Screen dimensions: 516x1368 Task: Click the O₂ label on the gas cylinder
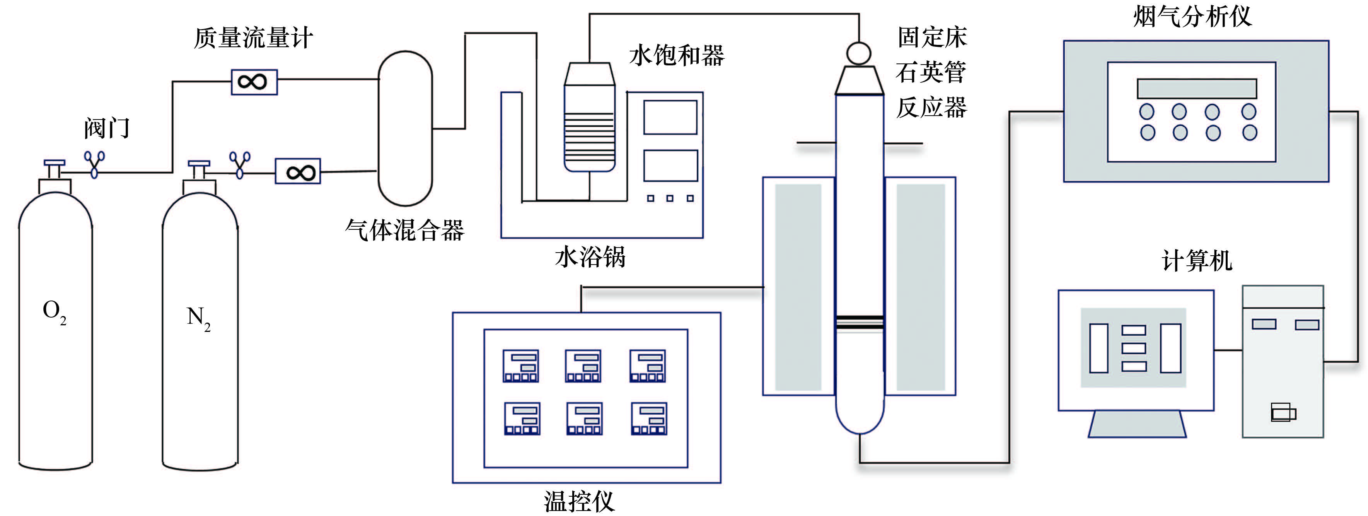(x=54, y=311)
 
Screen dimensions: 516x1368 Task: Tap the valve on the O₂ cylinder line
(x=94, y=164)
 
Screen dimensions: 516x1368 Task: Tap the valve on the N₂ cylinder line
(x=239, y=164)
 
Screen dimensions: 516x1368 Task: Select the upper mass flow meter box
(x=254, y=82)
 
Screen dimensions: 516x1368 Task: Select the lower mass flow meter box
(x=297, y=172)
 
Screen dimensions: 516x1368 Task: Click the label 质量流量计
(x=253, y=38)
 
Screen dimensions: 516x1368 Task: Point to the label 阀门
(x=107, y=128)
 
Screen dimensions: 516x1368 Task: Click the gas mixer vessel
(x=405, y=128)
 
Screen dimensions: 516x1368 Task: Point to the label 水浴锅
(x=590, y=257)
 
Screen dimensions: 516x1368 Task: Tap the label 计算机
(x=1196, y=261)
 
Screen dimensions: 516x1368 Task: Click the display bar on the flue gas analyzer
(x=1196, y=88)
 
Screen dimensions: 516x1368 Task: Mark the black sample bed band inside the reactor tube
(x=859, y=320)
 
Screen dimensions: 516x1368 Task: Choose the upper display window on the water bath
(x=670, y=118)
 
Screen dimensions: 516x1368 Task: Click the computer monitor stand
(x=1137, y=424)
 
